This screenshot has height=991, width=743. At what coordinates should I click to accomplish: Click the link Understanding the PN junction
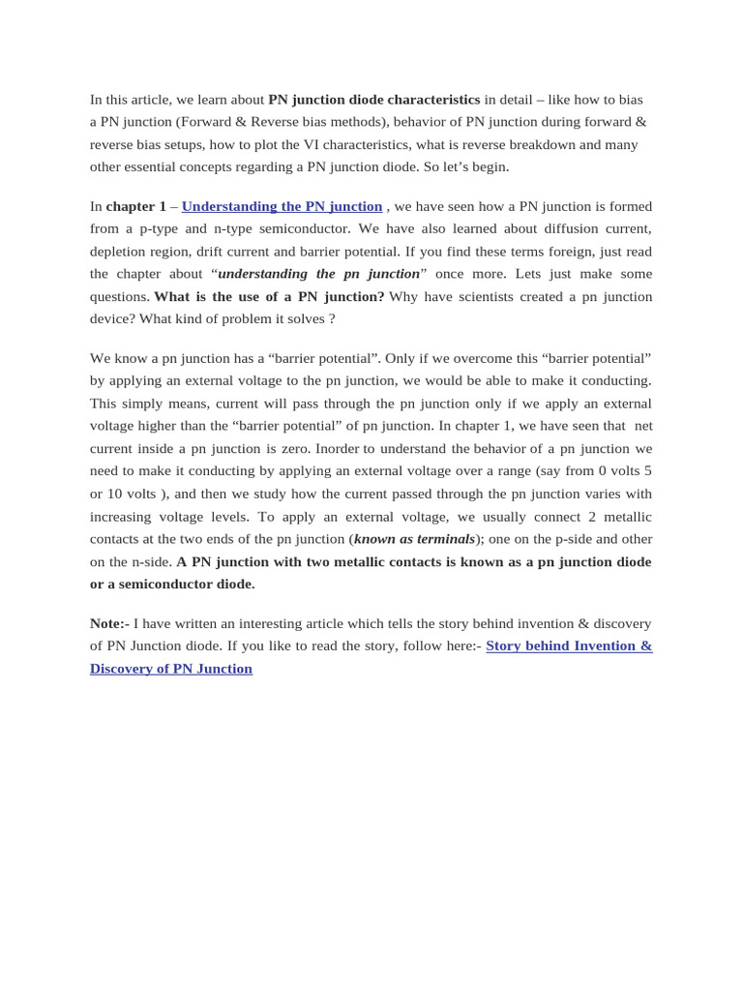(282, 206)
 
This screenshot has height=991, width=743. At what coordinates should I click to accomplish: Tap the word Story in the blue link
(506, 646)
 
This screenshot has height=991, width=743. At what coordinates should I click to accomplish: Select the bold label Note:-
(109, 623)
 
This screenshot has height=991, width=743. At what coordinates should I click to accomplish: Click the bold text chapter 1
(136, 206)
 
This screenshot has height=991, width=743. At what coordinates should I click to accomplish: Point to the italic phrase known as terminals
(414, 539)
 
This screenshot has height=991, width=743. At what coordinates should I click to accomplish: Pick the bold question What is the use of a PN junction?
(269, 296)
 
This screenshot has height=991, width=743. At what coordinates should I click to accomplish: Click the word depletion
(119, 252)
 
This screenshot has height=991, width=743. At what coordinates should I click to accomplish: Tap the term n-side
(152, 561)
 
